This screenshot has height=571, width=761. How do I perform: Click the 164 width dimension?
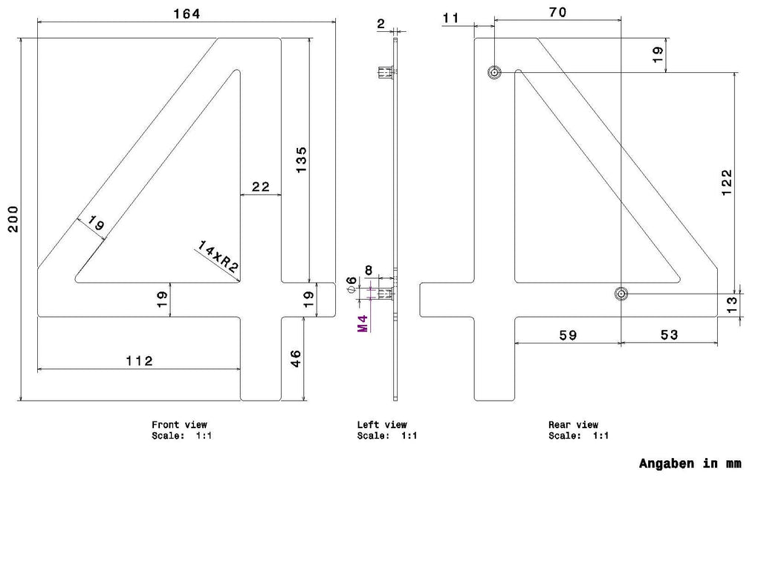click(x=187, y=13)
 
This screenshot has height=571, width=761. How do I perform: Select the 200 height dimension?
click(x=13, y=219)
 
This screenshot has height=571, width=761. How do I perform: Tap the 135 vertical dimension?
click(x=302, y=160)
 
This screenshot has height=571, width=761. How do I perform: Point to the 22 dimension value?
click(x=261, y=187)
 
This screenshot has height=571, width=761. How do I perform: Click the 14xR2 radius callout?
click(x=218, y=256)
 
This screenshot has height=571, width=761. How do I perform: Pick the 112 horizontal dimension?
click(x=139, y=361)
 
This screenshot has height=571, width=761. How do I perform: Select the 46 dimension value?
click(x=295, y=359)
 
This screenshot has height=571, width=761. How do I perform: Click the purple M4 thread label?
click(x=363, y=323)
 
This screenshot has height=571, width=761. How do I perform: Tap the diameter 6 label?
click(x=352, y=285)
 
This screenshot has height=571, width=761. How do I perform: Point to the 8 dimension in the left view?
click(x=369, y=270)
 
